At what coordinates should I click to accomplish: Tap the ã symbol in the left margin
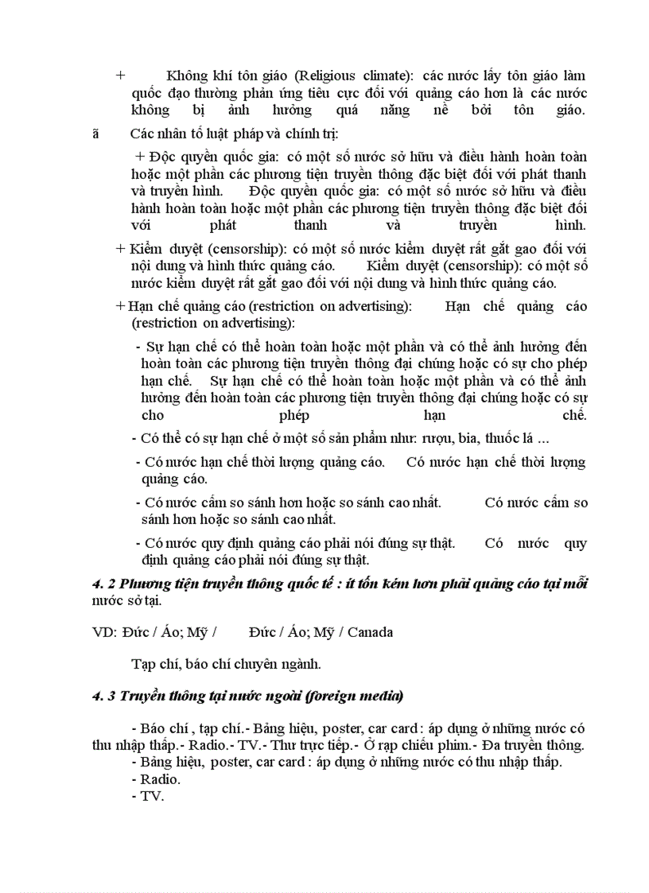point(96,133)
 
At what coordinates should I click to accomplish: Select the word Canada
point(370,632)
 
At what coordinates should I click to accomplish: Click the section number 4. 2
point(104,584)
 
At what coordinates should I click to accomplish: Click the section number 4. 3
point(104,697)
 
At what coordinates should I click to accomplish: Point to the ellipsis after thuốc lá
point(543,437)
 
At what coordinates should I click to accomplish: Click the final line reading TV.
point(148,796)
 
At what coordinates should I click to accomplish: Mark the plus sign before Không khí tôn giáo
point(121,76)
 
